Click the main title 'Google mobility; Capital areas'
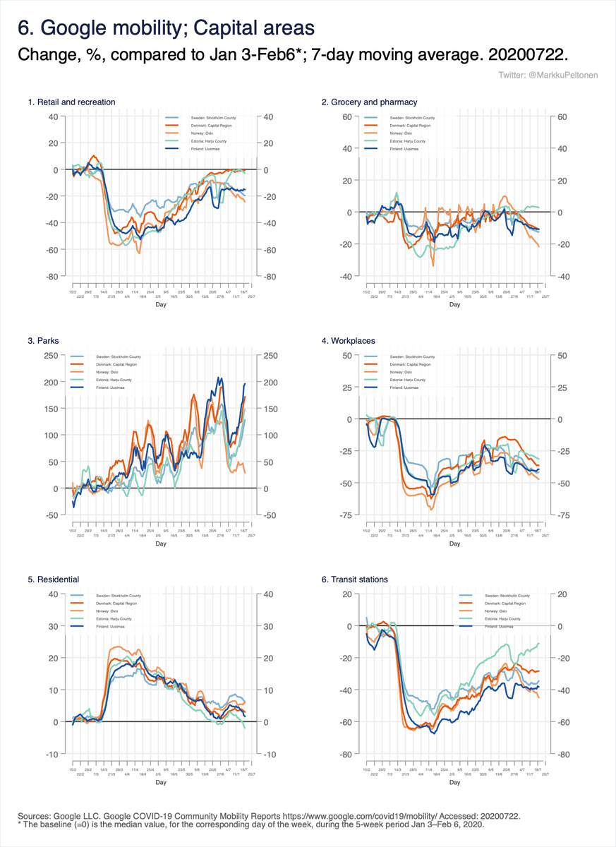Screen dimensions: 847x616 coord(166,28)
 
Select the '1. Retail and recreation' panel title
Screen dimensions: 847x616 coord(71,102)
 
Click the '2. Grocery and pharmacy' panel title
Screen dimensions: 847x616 coord(369,102)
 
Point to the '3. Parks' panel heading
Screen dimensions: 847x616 coord(43,341)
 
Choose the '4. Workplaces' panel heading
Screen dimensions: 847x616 coord(348,341)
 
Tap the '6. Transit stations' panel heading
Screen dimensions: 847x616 coord(354,579)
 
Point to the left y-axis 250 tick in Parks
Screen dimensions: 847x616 coord(52,355)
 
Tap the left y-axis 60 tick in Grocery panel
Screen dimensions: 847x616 coord(348,116)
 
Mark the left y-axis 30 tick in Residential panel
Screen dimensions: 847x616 coord(53,626)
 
